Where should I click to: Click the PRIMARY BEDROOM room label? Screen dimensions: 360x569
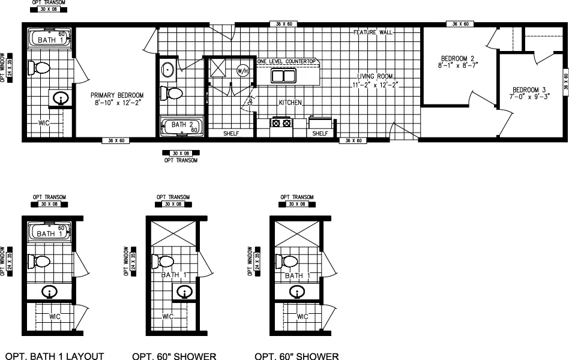tap(117, 95)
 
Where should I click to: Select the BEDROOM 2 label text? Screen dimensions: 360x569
tap(458, 58)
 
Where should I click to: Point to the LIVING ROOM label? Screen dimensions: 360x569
tap(375, 77)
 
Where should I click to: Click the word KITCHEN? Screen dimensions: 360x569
tap(289, 103)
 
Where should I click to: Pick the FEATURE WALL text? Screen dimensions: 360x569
tap(373, 32)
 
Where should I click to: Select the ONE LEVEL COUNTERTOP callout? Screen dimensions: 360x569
tap(286, 62)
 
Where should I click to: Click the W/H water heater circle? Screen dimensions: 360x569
tap(242, 71)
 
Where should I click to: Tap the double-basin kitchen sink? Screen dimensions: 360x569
tap(283, 76)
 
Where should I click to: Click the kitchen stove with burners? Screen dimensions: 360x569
tap(281, 123)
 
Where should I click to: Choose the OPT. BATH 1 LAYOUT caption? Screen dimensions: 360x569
tap(55, 356)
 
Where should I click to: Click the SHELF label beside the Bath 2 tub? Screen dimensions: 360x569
tap(231, 134)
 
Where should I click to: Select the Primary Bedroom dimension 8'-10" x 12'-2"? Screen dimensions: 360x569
tap(117, 103)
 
